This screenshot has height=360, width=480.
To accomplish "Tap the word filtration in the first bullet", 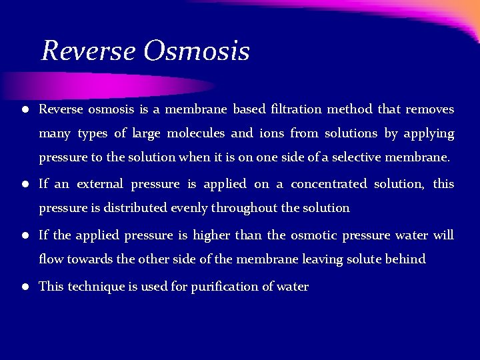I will (297, 109).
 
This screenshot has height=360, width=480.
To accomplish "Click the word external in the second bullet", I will (100, 183).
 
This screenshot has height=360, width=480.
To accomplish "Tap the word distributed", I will (137, 208).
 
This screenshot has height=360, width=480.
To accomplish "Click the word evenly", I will (189, 208).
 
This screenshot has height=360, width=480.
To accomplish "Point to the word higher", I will (211, 235).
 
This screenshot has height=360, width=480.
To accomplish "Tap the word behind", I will (405, 259).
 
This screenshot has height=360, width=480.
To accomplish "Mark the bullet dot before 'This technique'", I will (23, 287).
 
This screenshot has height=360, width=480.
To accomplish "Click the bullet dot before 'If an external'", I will (23, 184).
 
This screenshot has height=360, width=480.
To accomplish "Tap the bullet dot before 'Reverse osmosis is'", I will (23, 109).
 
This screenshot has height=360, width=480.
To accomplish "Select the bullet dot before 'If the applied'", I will (23, 236).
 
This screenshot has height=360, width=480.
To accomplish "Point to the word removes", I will (429, 109).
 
